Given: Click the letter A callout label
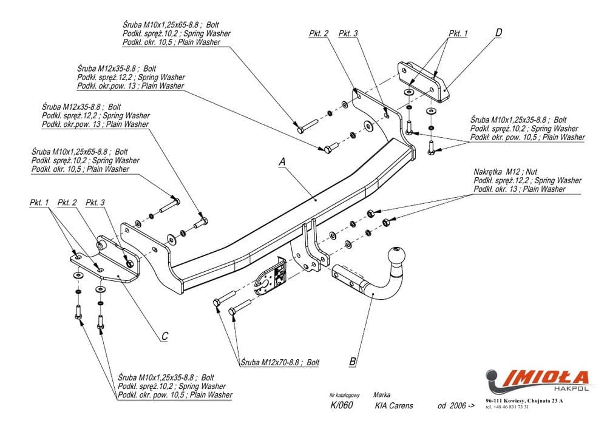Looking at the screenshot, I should click(x=282, y=161).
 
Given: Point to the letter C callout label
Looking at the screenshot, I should click(x=164, y=335).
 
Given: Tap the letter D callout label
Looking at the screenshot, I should click(x=498, y=33).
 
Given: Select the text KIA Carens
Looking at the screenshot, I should click(x=394, y=405).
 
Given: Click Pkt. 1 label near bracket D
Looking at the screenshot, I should click(x=458, y=33).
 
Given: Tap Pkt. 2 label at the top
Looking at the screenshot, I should click(x=319, y=33).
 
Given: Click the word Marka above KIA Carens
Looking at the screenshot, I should click(x=382, y=393).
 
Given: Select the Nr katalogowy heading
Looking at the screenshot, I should click(x=344, y=393).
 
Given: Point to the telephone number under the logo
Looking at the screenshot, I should click(x=507, y=407).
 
